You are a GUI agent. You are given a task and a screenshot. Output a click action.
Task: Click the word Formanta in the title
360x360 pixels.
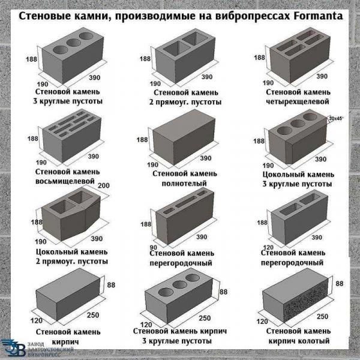318,16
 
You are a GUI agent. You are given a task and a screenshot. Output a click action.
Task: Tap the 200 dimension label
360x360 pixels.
104,185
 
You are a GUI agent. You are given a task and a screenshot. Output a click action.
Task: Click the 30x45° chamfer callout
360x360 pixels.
335,118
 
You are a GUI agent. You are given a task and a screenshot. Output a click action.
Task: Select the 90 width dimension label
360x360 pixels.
154,247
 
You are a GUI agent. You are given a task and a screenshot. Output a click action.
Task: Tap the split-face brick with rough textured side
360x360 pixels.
296,298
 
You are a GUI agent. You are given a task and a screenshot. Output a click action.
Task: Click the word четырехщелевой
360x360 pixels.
298,101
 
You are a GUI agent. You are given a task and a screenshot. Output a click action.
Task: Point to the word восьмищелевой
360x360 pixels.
65,181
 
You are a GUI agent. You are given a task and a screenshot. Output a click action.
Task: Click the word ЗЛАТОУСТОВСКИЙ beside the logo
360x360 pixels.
50,349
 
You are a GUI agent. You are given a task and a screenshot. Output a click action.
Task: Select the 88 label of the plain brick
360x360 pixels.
111,285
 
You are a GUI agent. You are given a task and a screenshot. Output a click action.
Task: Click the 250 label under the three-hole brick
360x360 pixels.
205,318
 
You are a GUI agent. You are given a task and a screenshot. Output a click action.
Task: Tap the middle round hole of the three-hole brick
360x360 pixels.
180,285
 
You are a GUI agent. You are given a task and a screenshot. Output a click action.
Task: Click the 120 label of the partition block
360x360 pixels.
268,247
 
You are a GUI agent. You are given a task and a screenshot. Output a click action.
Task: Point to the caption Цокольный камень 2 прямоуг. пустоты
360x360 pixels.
71,257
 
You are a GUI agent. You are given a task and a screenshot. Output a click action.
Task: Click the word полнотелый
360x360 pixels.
184,184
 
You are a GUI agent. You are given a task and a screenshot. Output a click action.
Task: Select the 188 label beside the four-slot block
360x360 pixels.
259,58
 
